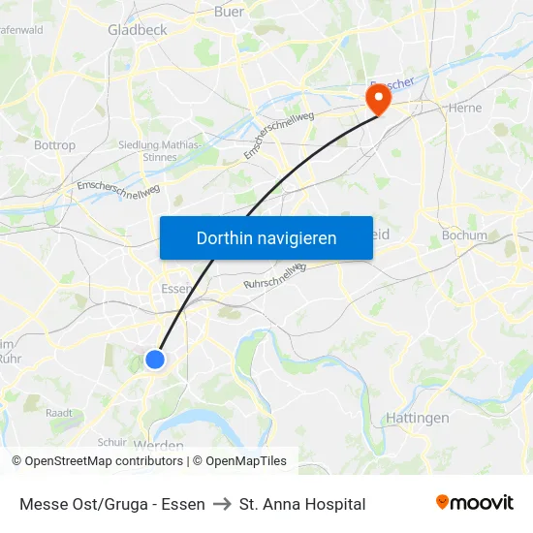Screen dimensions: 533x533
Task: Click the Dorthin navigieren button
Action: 266,237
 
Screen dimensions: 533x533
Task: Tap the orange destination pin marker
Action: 375,98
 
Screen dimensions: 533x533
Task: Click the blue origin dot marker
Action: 155,360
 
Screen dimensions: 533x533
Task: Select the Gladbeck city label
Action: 138,30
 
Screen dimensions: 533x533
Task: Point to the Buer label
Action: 229,13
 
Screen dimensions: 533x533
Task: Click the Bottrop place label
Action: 54,145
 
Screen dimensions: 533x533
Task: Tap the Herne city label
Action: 465,109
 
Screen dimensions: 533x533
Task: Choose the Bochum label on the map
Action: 463,235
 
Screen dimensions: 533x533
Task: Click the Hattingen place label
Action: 418,418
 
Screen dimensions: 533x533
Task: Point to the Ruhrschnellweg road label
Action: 274,275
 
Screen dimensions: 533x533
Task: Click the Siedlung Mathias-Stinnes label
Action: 160,150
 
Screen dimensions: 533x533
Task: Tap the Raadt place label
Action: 59,412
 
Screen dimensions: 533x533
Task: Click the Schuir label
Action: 111,442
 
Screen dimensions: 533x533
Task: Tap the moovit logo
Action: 475,503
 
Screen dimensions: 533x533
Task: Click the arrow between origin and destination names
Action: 222,504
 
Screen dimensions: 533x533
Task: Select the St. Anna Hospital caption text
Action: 302,504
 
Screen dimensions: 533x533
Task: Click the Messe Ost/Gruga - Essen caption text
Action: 111,504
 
